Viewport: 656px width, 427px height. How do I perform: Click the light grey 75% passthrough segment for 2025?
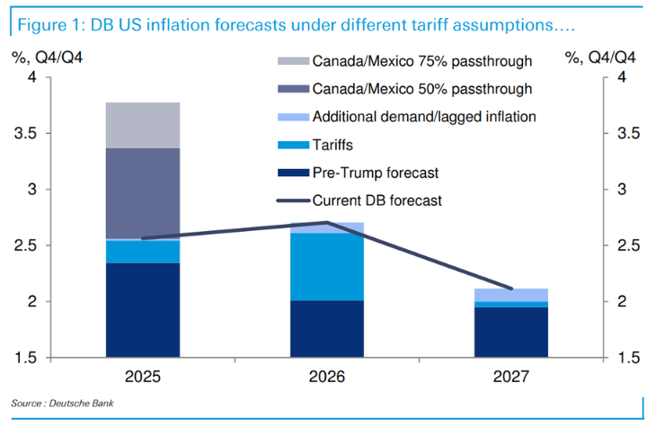143,125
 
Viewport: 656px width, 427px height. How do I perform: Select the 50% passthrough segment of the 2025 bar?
143,193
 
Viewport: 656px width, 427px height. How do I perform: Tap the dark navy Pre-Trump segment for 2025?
143,309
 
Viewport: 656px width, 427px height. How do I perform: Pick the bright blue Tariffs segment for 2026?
327,267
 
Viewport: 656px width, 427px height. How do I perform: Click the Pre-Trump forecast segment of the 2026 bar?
327,328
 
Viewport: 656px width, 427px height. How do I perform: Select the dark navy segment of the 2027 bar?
511,332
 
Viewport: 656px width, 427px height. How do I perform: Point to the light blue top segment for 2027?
511,295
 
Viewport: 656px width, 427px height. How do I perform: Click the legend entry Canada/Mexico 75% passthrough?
421,61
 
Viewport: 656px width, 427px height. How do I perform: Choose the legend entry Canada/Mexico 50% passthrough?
421,89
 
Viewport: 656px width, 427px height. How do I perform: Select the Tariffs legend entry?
333,145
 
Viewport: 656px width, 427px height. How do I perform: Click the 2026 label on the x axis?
327,376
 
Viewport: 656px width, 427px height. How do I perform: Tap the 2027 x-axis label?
511,376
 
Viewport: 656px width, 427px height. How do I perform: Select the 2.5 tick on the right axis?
627,245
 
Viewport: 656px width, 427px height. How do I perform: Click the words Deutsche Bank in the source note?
88,402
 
